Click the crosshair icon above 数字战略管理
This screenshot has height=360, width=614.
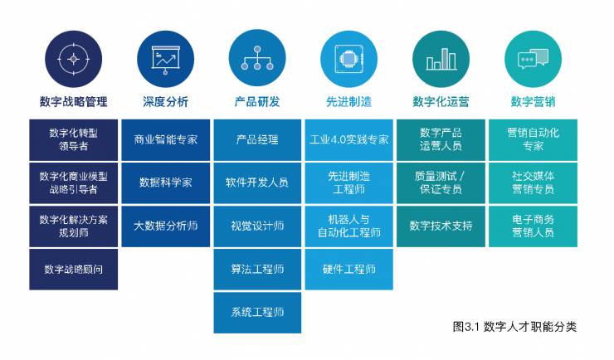pos(73,58)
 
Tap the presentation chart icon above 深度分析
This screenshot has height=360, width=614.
pos(165,58)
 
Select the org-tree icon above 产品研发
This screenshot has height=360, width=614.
pos(257,58)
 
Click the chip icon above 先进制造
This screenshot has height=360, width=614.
pos(348,58)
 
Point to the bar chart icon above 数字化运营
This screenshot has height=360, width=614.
pos(441,58)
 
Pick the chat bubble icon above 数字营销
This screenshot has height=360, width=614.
pos(533,58)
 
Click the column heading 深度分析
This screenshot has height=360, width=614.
pos(165,102)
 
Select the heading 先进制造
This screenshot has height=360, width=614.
pos(348,102)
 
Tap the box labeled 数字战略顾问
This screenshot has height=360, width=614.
pos(73,269)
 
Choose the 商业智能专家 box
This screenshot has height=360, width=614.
pos(165,139)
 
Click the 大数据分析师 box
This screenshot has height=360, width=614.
pos(165,226)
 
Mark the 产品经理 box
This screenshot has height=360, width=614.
pos(257,139)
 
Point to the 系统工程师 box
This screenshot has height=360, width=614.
pos(257,312)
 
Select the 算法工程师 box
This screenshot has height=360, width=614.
pos(257,269)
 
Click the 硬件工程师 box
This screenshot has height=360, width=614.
pos(348,269)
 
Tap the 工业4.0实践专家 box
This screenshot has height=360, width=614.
pos(348,139)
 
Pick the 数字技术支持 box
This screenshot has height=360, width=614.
pos(441,226)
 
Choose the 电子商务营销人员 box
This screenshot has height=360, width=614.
pos(533,226)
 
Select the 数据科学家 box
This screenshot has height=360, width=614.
pos(165,182)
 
